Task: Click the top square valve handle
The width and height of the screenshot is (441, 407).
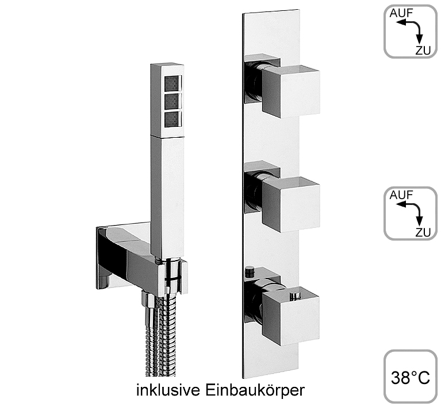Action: (291, 91)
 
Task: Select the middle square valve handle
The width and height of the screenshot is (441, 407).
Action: (291, 204)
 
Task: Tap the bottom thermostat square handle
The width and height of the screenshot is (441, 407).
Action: (290, 316)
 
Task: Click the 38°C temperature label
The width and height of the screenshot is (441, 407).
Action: (411, 378)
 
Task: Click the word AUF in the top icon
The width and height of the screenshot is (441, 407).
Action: (401, 13)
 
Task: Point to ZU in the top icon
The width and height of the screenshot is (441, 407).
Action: (423, 51)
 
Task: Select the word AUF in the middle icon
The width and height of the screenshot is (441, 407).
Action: (401, 195)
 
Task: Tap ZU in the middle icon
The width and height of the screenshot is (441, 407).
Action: (423, 232)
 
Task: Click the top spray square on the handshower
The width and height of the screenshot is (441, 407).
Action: (173, 83)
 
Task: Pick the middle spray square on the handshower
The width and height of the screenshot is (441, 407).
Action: (173, 101)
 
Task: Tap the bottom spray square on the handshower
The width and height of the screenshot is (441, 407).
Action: (173, 119)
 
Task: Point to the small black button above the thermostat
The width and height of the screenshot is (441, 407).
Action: (249, 271)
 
